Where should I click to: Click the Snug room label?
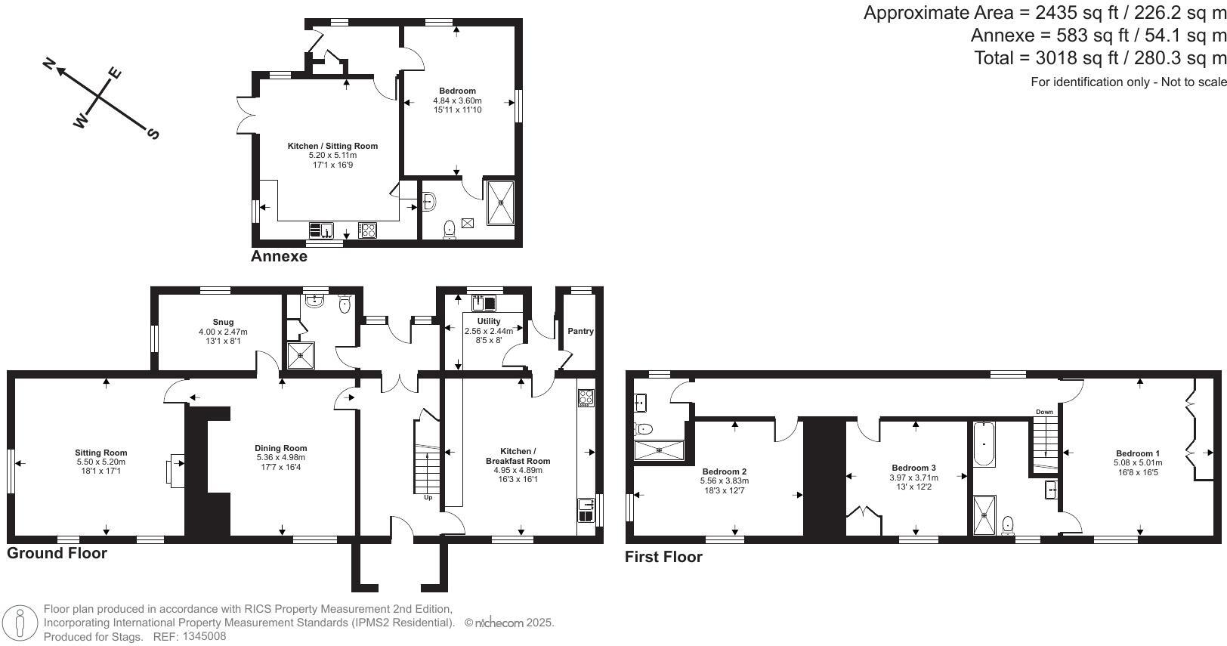click(x=223, y=322)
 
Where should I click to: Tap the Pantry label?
click(x=580, y=331)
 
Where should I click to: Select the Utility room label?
click(x=489, y=321)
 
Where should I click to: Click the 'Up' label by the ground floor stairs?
click(x=428, y=497)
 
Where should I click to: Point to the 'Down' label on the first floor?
click(x=1044, y=412)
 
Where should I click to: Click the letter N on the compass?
click(x=49, y=64)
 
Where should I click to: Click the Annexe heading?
click(x=279, y=256)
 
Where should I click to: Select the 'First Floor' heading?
click(x=663, y=557)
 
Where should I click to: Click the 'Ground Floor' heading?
click(x=57, y=553)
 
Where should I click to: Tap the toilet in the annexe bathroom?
click(x=450, y=230)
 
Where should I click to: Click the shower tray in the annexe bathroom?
click(x=501, y=202)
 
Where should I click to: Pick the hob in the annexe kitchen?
click(x=367, y=230)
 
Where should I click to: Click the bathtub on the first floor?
click(x=984, y=444)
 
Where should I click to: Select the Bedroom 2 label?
click(x=724, y=471)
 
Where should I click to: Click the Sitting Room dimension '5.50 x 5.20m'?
click(x=100, y=462)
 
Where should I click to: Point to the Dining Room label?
click(x=280, y=448)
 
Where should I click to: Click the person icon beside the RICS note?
click(x=20, y=623)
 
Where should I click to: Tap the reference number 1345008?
click(x=204, y=637)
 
